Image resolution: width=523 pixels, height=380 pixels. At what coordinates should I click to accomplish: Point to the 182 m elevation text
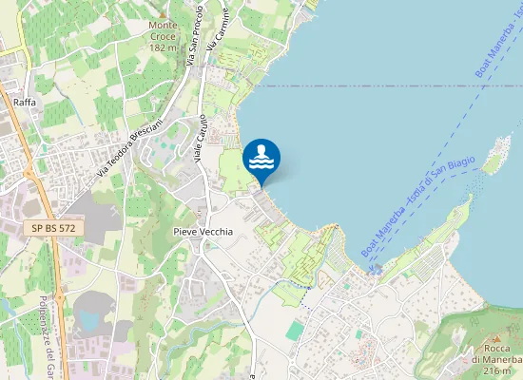point(164,47)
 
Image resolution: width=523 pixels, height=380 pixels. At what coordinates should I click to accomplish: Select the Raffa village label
point(25,102)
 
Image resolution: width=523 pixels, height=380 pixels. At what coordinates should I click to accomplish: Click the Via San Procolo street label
point(195,33)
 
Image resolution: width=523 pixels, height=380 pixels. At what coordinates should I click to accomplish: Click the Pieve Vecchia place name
point(203,232)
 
